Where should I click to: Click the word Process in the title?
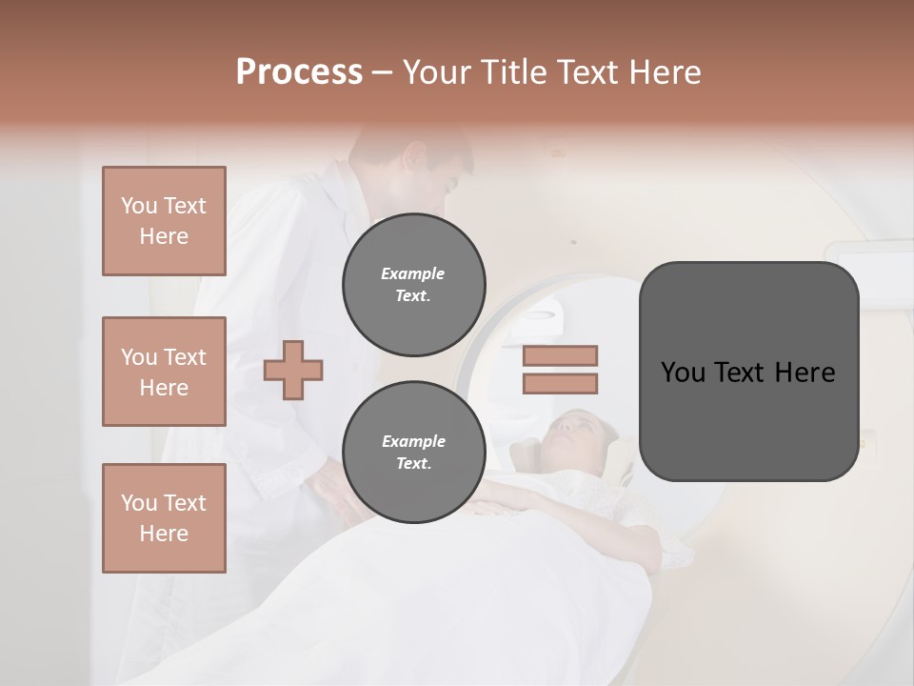(299, 72)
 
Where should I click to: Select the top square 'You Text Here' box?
(164, 221)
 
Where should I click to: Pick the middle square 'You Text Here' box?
(164, 372)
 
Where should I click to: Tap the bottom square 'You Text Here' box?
(164, 518)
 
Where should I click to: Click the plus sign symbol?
(293, 370)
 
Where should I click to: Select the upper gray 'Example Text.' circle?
(413, 284)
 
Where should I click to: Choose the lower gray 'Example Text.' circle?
(413, 452)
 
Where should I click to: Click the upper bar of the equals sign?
(560, 356)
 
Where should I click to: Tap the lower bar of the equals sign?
(560, 383)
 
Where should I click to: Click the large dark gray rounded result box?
(748, 372)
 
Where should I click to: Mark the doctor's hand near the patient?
(328, 486)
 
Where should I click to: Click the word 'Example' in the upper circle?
(413, 273)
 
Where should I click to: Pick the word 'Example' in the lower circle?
(413, 441)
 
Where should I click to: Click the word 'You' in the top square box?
(138, 206)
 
